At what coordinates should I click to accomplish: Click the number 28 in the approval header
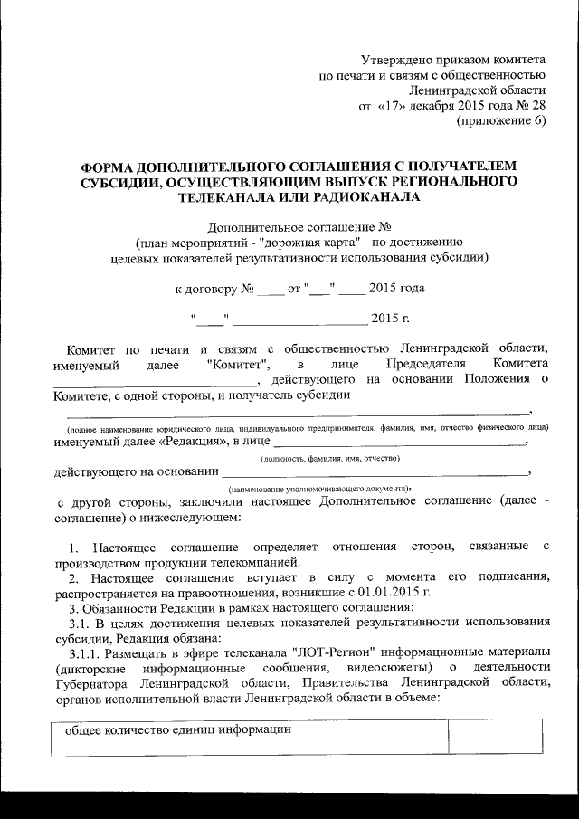536,106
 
